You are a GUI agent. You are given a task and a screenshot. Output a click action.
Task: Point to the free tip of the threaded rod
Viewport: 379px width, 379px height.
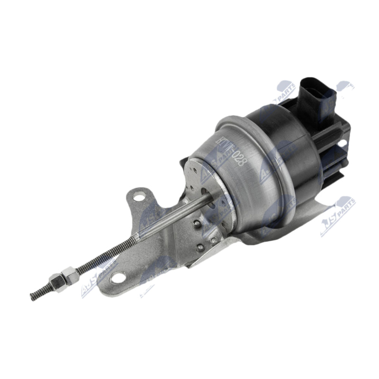coord(32,298)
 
